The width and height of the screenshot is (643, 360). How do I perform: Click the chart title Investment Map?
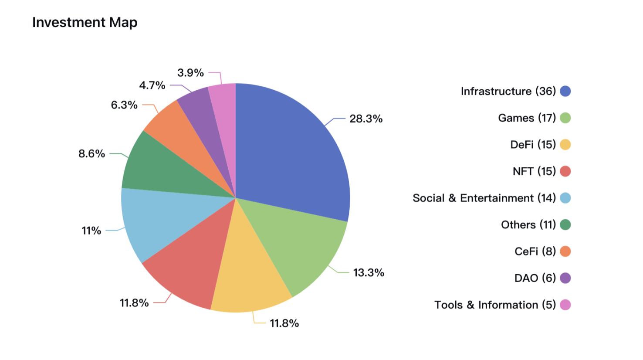pos(85,22)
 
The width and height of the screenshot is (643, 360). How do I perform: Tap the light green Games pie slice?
pos(296,244)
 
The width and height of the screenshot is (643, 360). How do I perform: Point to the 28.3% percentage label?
pos(366,119)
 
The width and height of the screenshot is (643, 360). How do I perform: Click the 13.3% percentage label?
pos(369,273)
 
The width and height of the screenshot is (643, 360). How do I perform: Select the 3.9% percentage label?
pos(190,73)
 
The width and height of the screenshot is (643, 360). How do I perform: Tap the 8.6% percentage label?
pos(91,154)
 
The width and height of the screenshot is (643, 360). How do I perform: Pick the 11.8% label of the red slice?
pos(134,303)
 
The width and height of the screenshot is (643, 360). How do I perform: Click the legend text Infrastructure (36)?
pos(508,91)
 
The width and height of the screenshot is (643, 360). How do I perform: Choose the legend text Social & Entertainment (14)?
pos(484,198)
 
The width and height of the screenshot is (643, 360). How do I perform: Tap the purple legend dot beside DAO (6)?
pos(565,278)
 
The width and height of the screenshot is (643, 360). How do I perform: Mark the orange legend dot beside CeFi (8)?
pos(565,251)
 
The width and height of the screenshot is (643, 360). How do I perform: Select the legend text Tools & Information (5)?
pos(495,305)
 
